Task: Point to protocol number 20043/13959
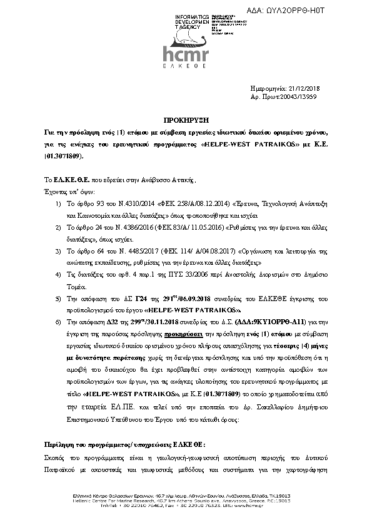(x=298, y=98)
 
